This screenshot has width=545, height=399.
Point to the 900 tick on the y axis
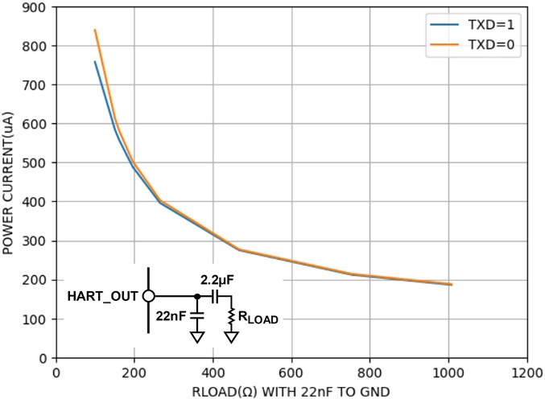pyautogui.click(x=39, y=7)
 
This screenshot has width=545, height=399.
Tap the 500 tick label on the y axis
pyautogui.click(x=39, y=163)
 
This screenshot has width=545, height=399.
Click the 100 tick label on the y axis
pyautogui.click(x=39, y=319)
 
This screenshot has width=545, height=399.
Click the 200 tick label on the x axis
pyautogui.click(x=134, y=372)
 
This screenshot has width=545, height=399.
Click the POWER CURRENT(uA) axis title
pyautogui.click(x=10, y=183)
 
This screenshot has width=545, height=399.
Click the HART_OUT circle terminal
pyautogui.click(x=148, y=296)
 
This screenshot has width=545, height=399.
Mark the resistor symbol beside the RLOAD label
pyautogui.click(x=231, y=316)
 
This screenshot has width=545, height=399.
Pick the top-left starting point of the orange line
pyautogui.click(x=95, y=31)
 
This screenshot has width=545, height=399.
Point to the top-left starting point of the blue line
pyautogui.click(x=95, y=62)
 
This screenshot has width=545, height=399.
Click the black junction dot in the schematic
pyautogui.click(x=197, y=296)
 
